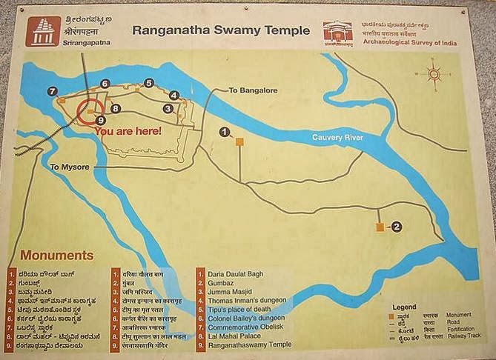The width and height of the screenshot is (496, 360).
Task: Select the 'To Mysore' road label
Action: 70,167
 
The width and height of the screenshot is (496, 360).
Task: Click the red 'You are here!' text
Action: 139,130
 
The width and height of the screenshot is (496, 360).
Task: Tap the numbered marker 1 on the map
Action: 224,131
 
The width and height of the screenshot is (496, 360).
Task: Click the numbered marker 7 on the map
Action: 52,91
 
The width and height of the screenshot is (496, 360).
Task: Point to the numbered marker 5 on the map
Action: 148,83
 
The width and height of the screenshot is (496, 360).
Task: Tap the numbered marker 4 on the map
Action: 173,95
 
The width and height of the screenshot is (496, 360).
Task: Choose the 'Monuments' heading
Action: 52,256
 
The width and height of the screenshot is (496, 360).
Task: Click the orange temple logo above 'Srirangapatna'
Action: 40,32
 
